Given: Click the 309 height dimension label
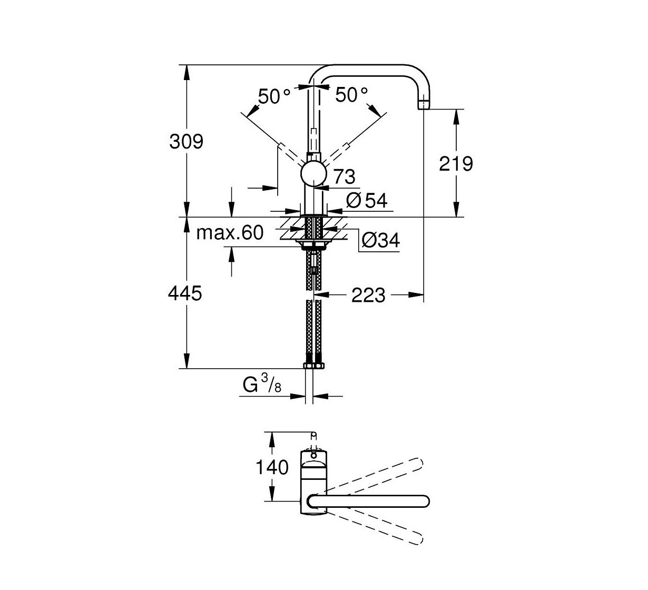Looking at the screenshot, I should point(185,141).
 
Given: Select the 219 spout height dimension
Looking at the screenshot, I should point(456,164).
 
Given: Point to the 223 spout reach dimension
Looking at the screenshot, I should point(368,295).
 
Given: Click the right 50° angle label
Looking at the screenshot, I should point(351,95).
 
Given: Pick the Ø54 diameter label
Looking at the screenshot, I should point(367,200).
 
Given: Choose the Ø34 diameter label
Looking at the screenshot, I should point(380,240).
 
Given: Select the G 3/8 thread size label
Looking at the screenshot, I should point(262,386).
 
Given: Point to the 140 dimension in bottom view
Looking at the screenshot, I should point(272,467).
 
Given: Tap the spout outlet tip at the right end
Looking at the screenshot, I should point(424,104).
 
